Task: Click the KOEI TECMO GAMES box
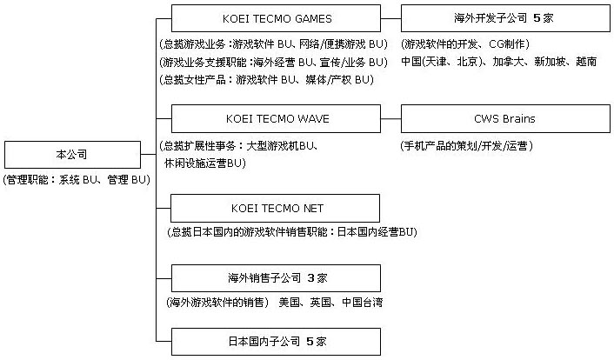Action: pyautogui.click(x=276, y=17)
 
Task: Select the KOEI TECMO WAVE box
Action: pyautogui.click(x=276, y=118)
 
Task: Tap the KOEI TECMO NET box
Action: pyautogui.click(x=276, y=208)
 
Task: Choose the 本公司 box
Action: pyautogui.click(x=77, y=155)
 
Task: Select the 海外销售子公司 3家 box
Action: pyautogui.click(x=276, y=278)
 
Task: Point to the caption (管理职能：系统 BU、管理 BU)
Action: pyautogui.click(x=77, y=180)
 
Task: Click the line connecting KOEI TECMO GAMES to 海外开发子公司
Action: pyautogui.click(x=391, y=17)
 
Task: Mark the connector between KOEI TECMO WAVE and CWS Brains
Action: pyautogui.click(x=391, y=118)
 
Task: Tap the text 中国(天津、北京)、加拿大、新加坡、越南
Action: pyautogui.click(x=498, y=63)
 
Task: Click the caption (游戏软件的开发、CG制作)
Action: pyautogui.click(x=465, y=43)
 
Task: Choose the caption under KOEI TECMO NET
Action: pyautogui.click(x=290, y=232)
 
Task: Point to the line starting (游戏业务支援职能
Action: pyautogui.click(x=273, y=63)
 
